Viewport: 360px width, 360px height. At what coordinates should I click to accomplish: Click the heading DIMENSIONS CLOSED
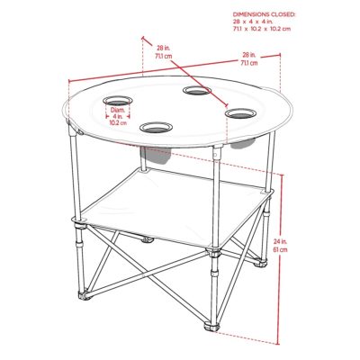264,14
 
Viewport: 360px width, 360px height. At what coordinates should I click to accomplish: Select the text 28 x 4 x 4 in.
253,22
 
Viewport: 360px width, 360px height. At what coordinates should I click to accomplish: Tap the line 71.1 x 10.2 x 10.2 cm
262,29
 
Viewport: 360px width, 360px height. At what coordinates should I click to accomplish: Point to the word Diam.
117,110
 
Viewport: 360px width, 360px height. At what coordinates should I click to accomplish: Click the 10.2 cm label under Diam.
118,122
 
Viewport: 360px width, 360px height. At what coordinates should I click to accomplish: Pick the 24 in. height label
281,241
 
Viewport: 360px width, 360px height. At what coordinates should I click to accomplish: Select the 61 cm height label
281,249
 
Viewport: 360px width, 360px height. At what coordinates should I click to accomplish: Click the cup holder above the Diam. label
118,101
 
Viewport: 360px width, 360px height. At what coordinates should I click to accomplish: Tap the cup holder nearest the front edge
156,128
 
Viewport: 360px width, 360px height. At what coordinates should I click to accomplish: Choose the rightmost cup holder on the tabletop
240,113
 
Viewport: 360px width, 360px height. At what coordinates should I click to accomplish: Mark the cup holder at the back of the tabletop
197,90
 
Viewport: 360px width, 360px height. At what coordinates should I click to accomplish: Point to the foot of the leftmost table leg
85,295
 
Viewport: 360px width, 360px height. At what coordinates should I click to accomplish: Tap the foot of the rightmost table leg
260,264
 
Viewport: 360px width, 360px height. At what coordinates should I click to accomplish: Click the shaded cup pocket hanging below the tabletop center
155,156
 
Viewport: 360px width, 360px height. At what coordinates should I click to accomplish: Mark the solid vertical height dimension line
282,259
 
